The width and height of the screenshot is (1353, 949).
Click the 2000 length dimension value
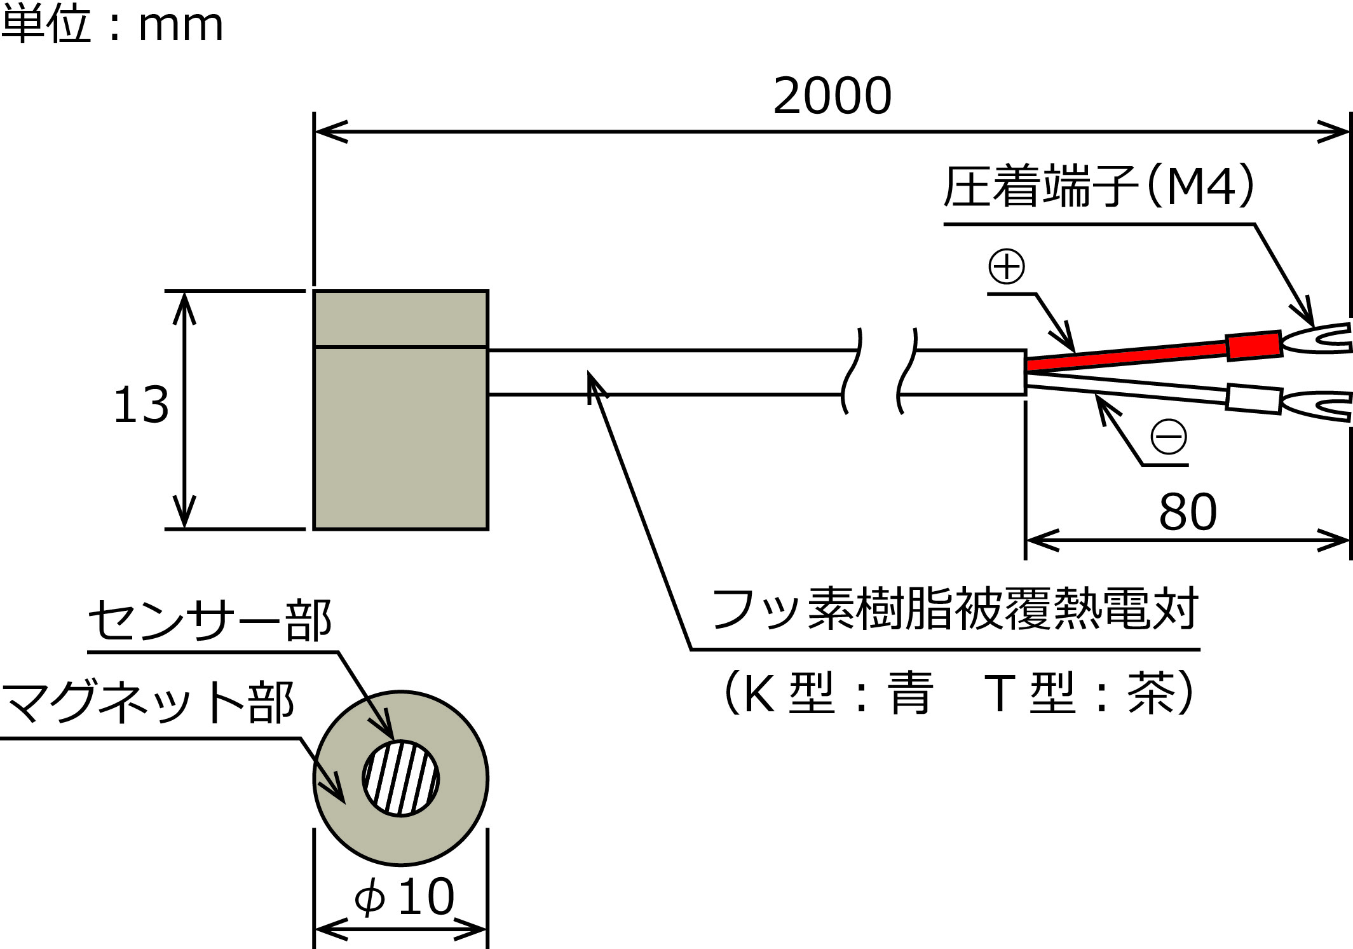coord(832,96)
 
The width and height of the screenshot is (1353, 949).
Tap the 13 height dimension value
coord(141,405)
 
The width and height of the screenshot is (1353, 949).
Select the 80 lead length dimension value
coord(1187,512)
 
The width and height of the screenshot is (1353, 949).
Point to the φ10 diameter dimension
coord(405,897)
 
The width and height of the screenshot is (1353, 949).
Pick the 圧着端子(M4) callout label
coord(1099,186)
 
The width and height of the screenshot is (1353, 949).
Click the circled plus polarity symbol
coord(1007,266)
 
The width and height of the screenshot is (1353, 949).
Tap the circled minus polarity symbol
coord(1169,437)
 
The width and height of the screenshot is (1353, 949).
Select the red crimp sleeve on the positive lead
coord(1254,346)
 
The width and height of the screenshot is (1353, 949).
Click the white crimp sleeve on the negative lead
coord(1254,399)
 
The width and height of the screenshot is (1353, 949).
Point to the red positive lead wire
coord(1125,355)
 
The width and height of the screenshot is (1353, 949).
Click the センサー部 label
coord(210,620)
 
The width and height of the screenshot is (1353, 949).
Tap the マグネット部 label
coord(147,702)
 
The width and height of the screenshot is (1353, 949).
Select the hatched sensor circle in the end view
coord(401,778)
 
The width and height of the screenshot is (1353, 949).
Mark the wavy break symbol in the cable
coord(880,372)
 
